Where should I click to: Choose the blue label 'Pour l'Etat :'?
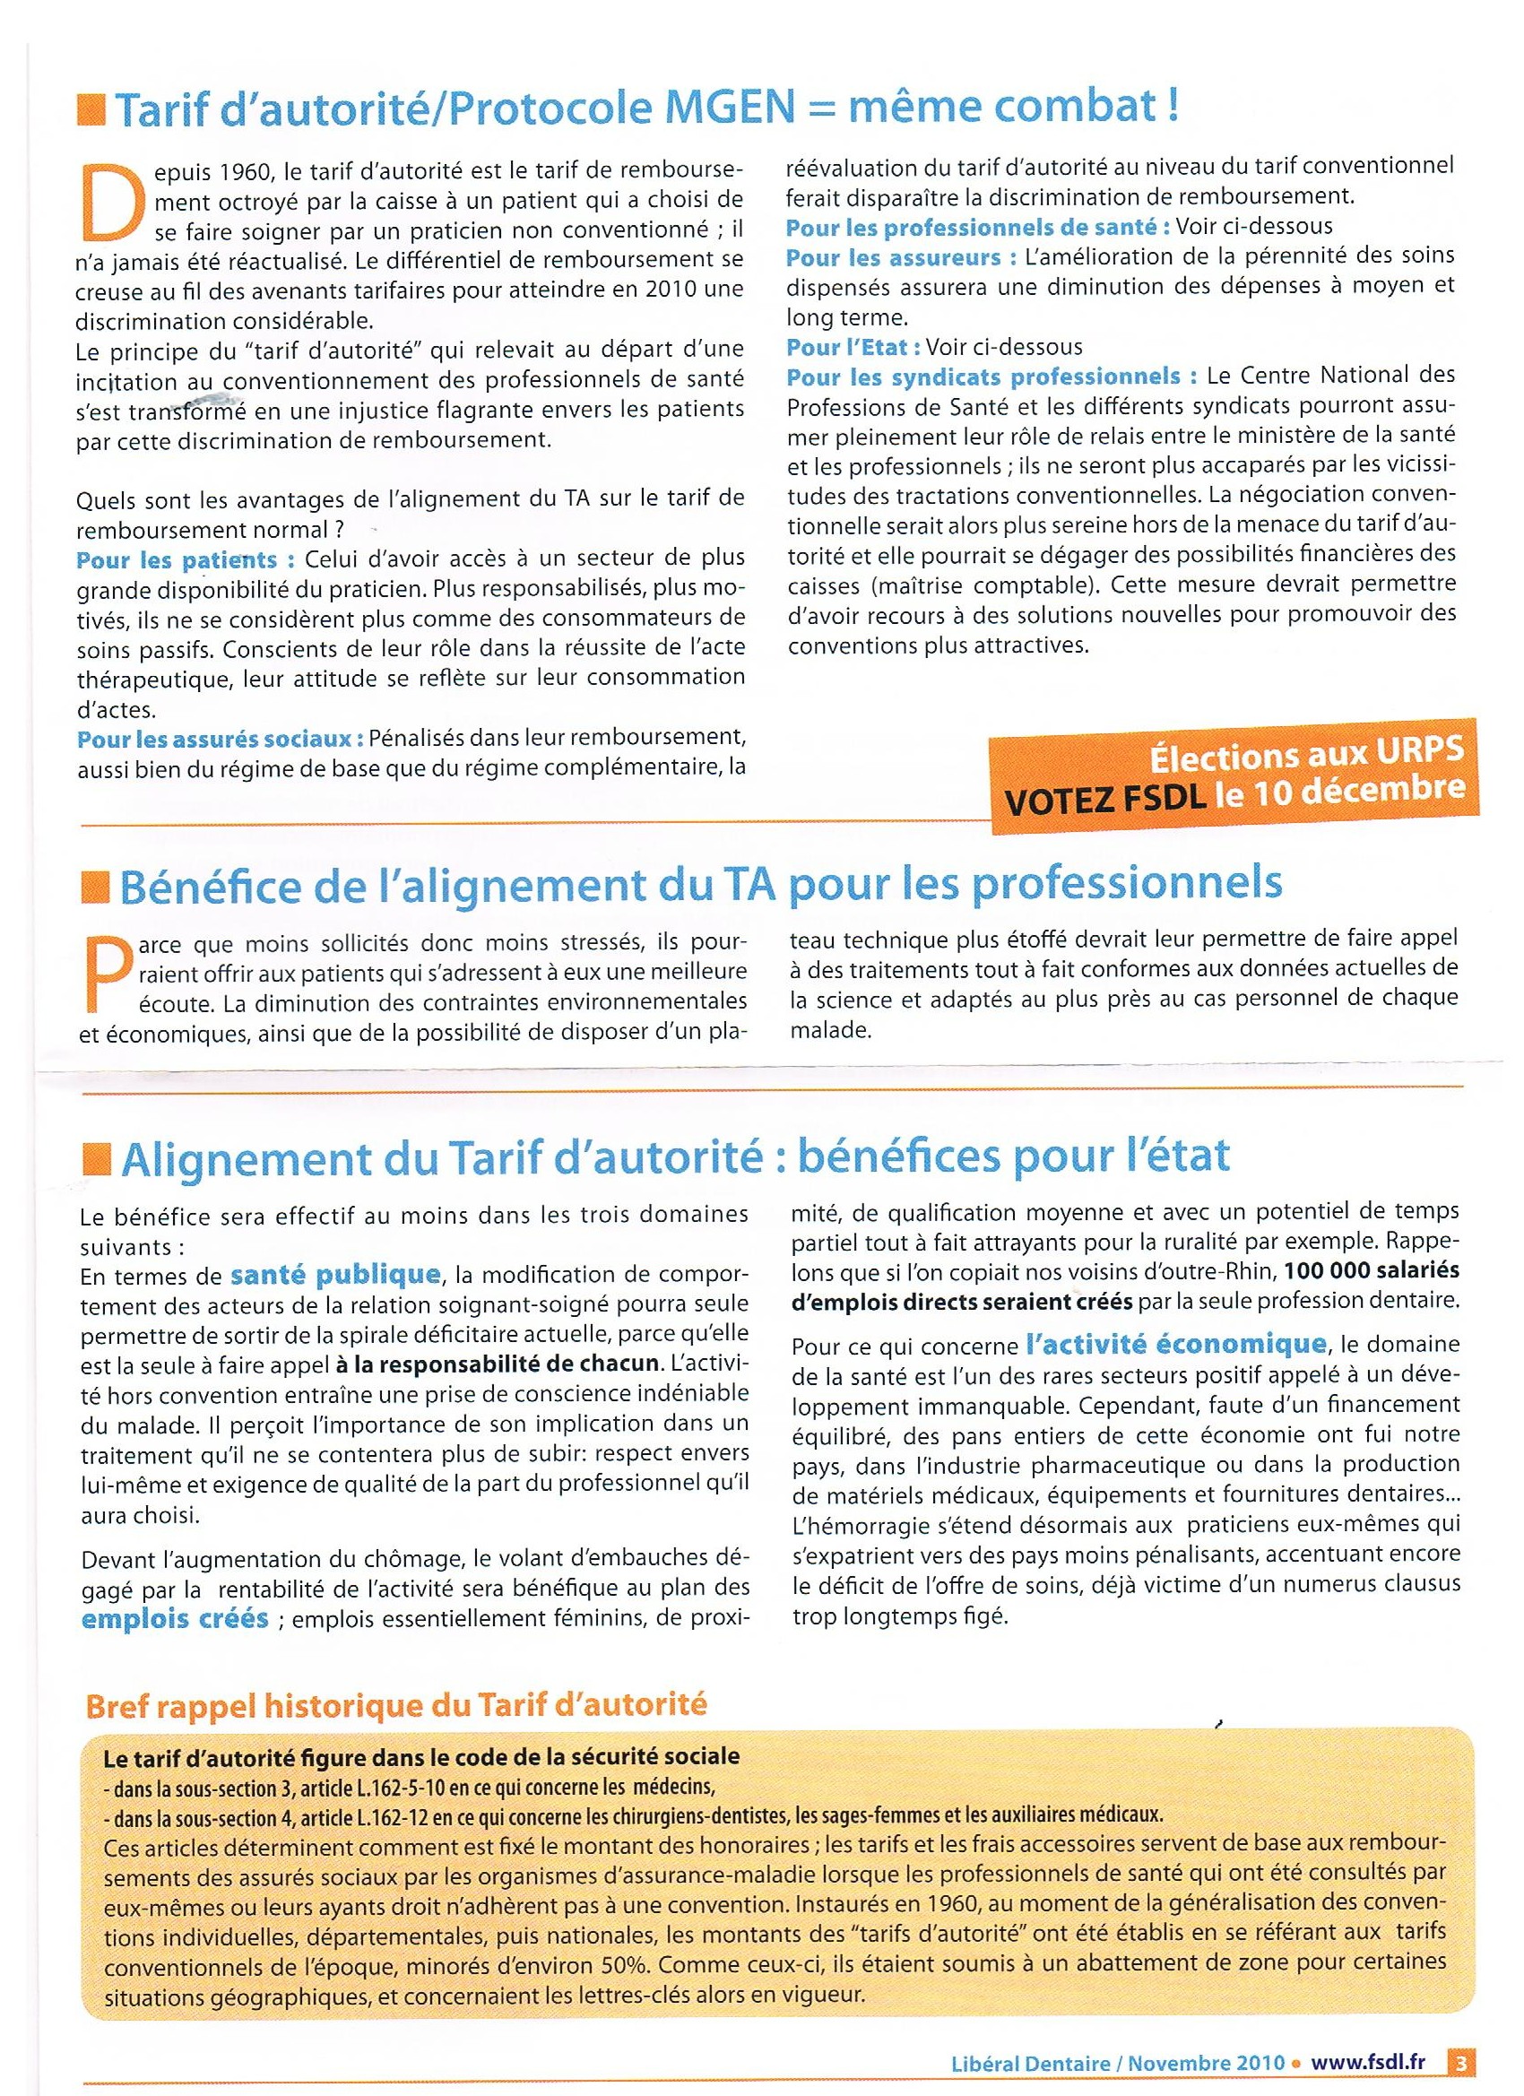coord(853,348)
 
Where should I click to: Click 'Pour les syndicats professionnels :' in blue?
coord(991,377)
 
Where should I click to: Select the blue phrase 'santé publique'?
coord(333,1276)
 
